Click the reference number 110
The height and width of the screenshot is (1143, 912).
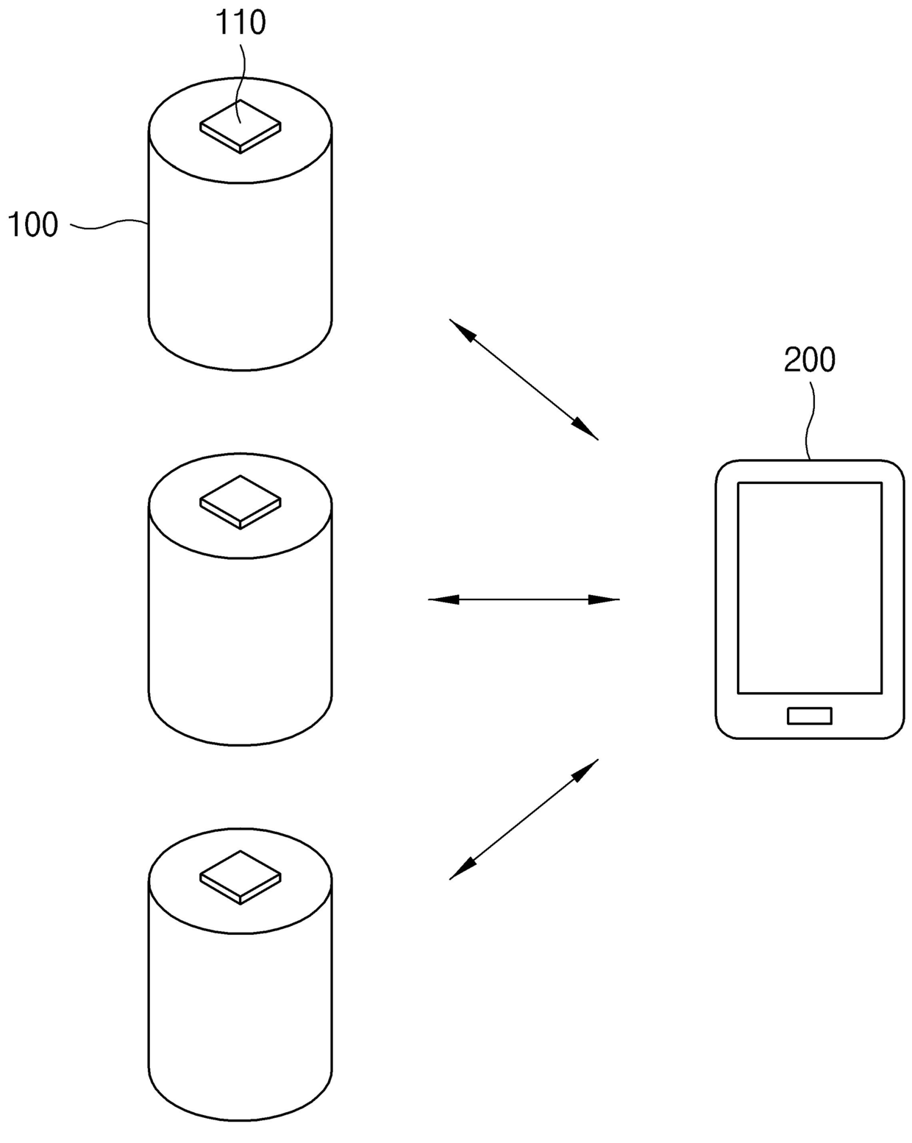[x=240, y=23]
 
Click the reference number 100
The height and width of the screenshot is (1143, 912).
[x=33, y=224]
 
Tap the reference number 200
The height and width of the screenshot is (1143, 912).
[x=809, y=360]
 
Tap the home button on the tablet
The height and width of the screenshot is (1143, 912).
[x=809, y=716]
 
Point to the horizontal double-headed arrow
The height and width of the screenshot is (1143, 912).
[x=524, y=600]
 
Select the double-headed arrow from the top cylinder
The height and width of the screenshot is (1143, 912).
[x=524, y=380]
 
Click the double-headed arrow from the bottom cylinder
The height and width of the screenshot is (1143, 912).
[x=524, y=819]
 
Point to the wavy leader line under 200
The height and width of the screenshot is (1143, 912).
[x=811, y=419]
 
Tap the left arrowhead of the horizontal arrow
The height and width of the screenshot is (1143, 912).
[x=441, y=600]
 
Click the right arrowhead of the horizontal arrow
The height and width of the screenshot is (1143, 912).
[x=606, y=600]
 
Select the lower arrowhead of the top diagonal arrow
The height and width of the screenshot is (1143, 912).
[x=587, y=430]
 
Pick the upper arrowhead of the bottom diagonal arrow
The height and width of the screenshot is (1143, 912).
[x=587, y=769]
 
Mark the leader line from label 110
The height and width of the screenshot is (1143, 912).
[x=239, y=74]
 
